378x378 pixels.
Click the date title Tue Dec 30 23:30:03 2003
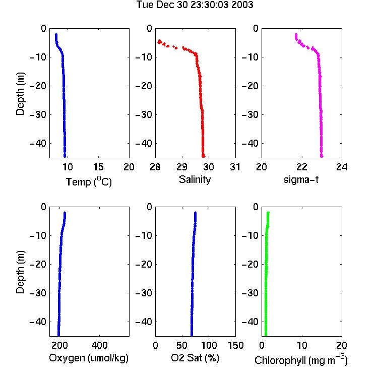coord(195,5)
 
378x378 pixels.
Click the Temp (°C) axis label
coord(89,181)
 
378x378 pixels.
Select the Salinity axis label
coord(195,179)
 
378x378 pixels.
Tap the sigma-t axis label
coord(301,179)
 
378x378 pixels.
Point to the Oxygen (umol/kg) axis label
coord(89,358)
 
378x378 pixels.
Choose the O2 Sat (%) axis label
coord(195,358)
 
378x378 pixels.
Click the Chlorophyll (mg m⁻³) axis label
coord(301,360)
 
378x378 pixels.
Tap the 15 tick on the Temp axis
coord(98,167)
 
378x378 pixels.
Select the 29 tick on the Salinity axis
coord(182,167)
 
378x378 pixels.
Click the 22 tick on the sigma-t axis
coord(302,167)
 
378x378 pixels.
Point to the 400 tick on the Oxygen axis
coord(99,345)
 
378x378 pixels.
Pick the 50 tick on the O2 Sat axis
coord(182,345)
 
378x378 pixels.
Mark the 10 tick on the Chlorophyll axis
coord(302,345)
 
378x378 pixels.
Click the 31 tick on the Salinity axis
coord(235,167)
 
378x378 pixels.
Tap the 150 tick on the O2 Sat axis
coord(235,345)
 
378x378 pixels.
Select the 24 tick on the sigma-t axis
coord(342,167)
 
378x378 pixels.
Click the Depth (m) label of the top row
coord(20,94)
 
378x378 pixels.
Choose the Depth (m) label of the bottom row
coord(20,272)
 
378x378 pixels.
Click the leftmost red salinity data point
coord(159,42)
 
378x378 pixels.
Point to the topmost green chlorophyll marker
coord(268,212)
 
